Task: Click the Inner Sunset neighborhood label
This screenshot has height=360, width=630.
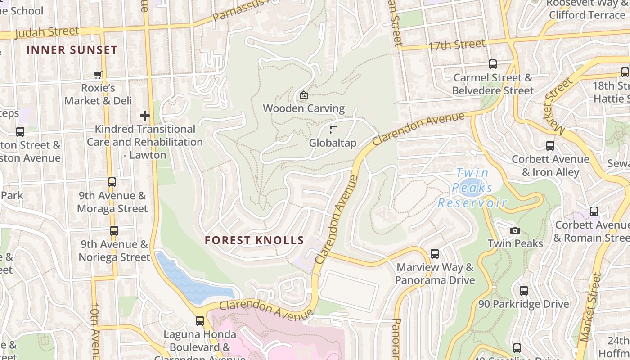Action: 72,50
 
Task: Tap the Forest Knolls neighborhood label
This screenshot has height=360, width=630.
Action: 255,240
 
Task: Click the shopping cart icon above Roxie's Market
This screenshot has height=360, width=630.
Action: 98,75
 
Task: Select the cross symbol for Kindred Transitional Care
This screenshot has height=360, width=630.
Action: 144,116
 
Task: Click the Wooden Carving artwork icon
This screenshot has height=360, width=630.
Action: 304,95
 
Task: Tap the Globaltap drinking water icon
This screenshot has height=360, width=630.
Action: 333,130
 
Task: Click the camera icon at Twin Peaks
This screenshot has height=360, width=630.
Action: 515,231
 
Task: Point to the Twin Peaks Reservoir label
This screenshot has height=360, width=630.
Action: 472,188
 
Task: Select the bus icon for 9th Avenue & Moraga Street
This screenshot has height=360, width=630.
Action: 112,182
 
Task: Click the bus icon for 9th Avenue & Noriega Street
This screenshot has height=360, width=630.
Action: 114,231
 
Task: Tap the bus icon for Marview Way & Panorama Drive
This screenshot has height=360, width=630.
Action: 435,253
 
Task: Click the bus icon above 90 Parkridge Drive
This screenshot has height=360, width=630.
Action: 524,291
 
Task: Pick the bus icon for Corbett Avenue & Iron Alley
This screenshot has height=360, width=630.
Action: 550,146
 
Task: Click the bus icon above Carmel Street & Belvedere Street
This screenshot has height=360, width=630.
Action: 493,64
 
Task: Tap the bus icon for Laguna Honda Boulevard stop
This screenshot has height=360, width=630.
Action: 200,321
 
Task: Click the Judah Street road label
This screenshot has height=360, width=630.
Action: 47,33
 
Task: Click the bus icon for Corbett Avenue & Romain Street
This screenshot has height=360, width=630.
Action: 594,211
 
